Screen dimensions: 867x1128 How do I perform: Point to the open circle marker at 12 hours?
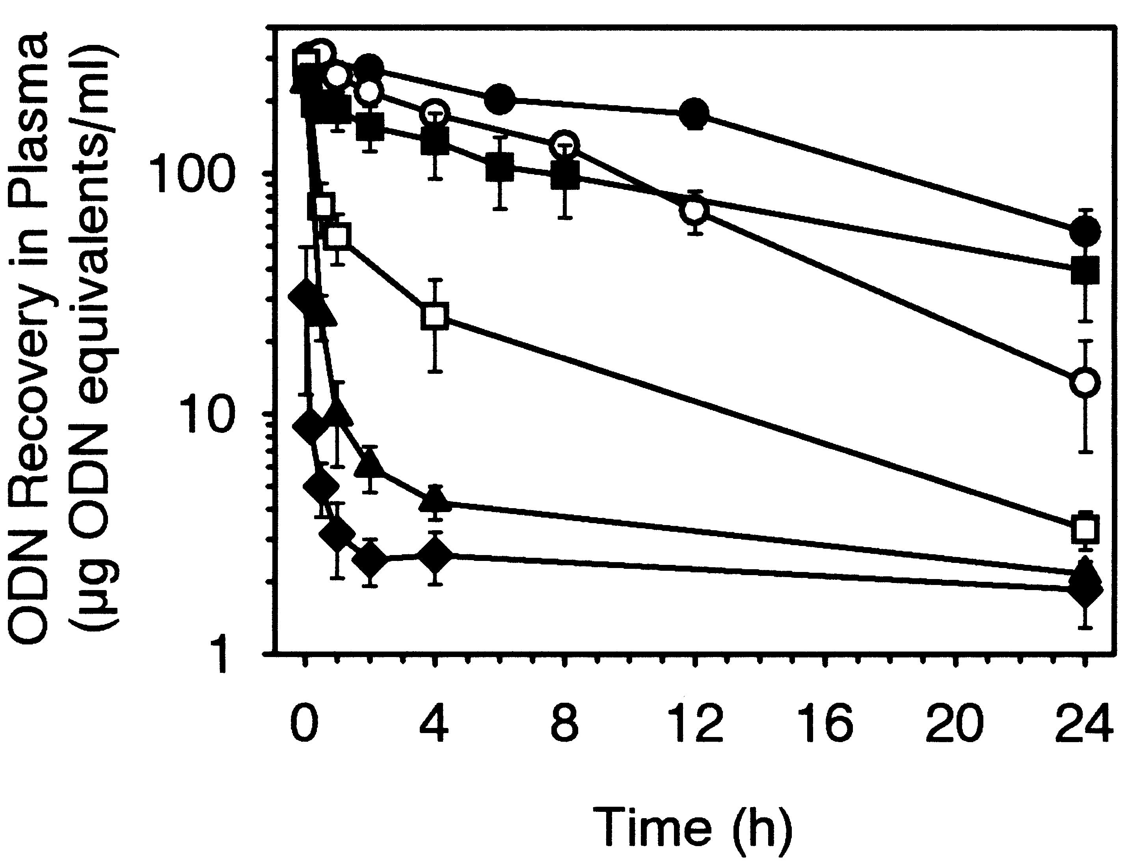pos(695,211)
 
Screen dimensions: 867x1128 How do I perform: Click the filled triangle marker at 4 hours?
pos(435,499)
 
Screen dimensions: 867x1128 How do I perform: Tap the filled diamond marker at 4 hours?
pos(435,555)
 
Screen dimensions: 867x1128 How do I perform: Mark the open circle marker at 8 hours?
pos(565,144)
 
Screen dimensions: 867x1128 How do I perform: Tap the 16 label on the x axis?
pos(824,724)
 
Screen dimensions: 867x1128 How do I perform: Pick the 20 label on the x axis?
pos(954,724)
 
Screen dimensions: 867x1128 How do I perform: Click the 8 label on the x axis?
pos(565,724)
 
